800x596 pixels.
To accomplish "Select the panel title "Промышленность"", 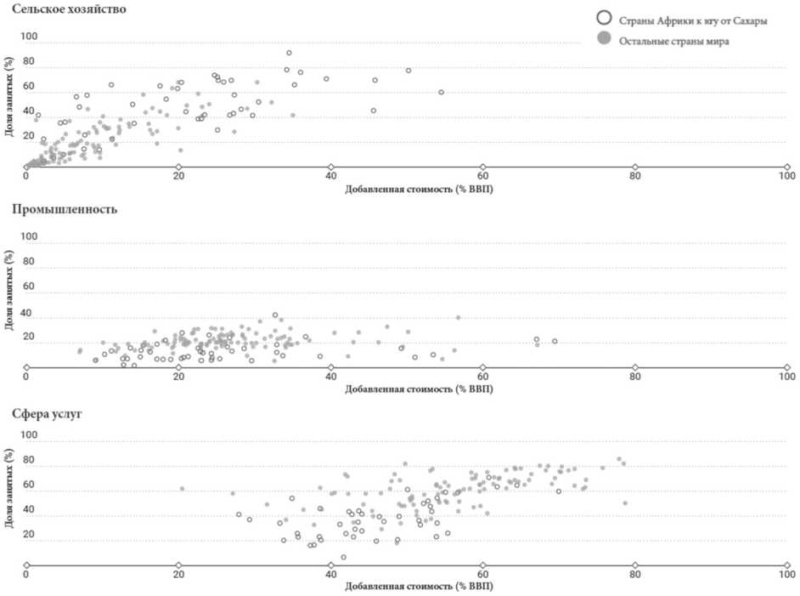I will click(59, 208).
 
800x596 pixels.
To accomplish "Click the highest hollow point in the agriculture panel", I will click(289, 53).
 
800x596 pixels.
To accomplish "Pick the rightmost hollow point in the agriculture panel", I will click(441, 92).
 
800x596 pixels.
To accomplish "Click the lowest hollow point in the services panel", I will click(343, 557).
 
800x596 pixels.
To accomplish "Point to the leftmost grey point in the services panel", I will click(182, 488).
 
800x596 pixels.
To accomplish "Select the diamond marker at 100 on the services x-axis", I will click(786, 565).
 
